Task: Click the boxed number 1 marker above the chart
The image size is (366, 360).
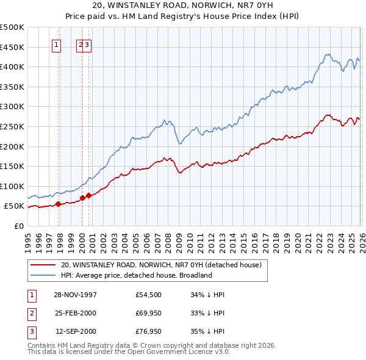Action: tap(57, 44)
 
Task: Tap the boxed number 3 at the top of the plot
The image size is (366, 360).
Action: tap(88, 44)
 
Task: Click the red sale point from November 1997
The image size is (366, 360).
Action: tap(59, 204)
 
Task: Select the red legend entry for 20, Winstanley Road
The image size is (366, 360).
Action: tap(160, 265)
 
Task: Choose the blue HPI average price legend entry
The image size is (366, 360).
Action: tap(135, 275)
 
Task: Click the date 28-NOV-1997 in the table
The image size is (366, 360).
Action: tap(75, 295)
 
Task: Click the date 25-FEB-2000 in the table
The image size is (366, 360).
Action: tap(75, 314)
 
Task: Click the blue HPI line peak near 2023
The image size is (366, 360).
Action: tap(327, 54)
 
